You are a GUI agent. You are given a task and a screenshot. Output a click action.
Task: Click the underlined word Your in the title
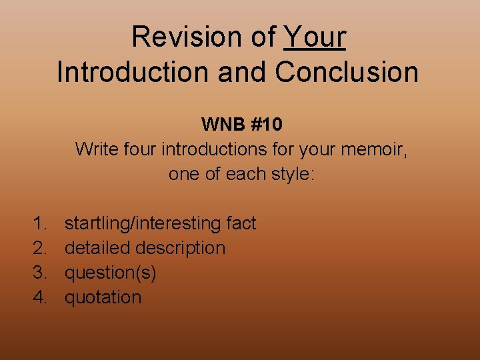(315, 37)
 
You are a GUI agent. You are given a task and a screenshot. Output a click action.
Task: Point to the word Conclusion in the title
(347, 72)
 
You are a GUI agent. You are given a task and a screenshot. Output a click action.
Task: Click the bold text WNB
(221, 125)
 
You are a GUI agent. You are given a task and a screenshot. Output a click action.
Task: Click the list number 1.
(41, 223)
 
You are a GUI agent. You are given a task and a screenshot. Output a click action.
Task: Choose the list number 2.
(41, 248)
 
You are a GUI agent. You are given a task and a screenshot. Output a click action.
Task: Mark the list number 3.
(41, 273)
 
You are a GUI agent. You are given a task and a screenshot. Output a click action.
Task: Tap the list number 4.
(41, 297)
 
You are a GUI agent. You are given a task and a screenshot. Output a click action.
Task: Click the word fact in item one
(241, 223)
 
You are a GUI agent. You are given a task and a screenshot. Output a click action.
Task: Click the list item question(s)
(111, 273)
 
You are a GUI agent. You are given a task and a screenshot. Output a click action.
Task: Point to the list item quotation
(103, 297)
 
